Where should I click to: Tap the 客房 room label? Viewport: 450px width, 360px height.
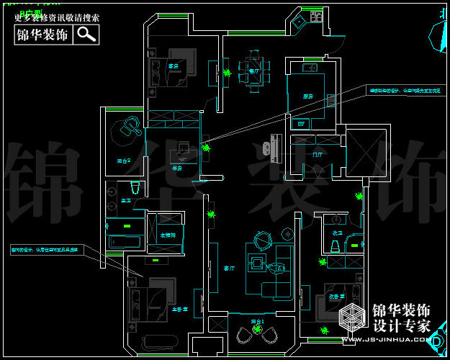pos(173,66)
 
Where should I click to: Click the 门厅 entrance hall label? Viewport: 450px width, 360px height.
pos(318,155)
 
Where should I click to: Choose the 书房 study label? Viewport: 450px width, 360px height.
pos(176,168)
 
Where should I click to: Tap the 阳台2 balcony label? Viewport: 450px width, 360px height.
pos(123,161)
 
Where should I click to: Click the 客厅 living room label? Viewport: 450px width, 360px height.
pos(230,268)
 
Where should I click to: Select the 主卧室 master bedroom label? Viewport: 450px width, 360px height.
pos(180,309)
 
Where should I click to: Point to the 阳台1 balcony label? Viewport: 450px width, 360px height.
pos(258,321)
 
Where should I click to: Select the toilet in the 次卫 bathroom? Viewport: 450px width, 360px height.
pos(334,247)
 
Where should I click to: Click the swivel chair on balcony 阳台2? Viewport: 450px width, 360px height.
pos(130,127)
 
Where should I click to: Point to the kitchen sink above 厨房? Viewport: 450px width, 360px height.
pos(310,68)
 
